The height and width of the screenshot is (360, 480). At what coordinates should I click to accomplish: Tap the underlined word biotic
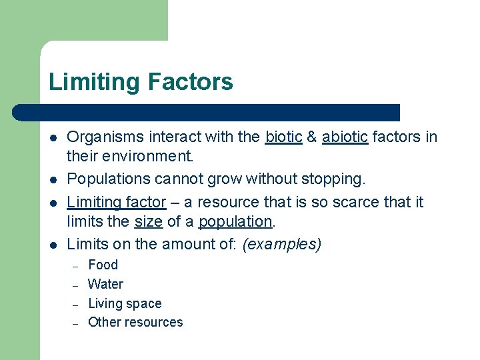click(x=283, y=137)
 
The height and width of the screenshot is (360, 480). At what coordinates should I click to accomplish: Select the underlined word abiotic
click(x=345, y=137)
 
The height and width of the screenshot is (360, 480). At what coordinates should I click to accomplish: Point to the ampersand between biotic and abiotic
click(x=311, y=137)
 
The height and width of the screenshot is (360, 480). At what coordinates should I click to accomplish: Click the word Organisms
click(x=105, y=137)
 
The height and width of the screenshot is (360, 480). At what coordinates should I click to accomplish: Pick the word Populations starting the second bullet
click(x=108, y=179)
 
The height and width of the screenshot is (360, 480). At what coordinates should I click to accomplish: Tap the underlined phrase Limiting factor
click(x=117, y=201)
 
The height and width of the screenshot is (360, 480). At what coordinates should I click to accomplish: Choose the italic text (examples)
click(x=281, y=244)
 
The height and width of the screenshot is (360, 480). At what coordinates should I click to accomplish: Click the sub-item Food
click(x=103, y=265)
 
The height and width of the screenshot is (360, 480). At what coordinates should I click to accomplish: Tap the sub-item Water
click(x=105, y=284)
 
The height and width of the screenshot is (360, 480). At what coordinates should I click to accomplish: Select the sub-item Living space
click(x=125, y=303)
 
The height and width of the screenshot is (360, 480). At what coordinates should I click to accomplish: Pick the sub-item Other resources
click(x=135, y=322)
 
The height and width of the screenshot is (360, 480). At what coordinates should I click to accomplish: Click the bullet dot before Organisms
click(x=52, y=138)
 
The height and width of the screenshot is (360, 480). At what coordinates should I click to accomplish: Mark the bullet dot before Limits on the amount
click(x=52, y=245)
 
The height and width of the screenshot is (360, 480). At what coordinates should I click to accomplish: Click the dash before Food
click(x=75, y=266)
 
